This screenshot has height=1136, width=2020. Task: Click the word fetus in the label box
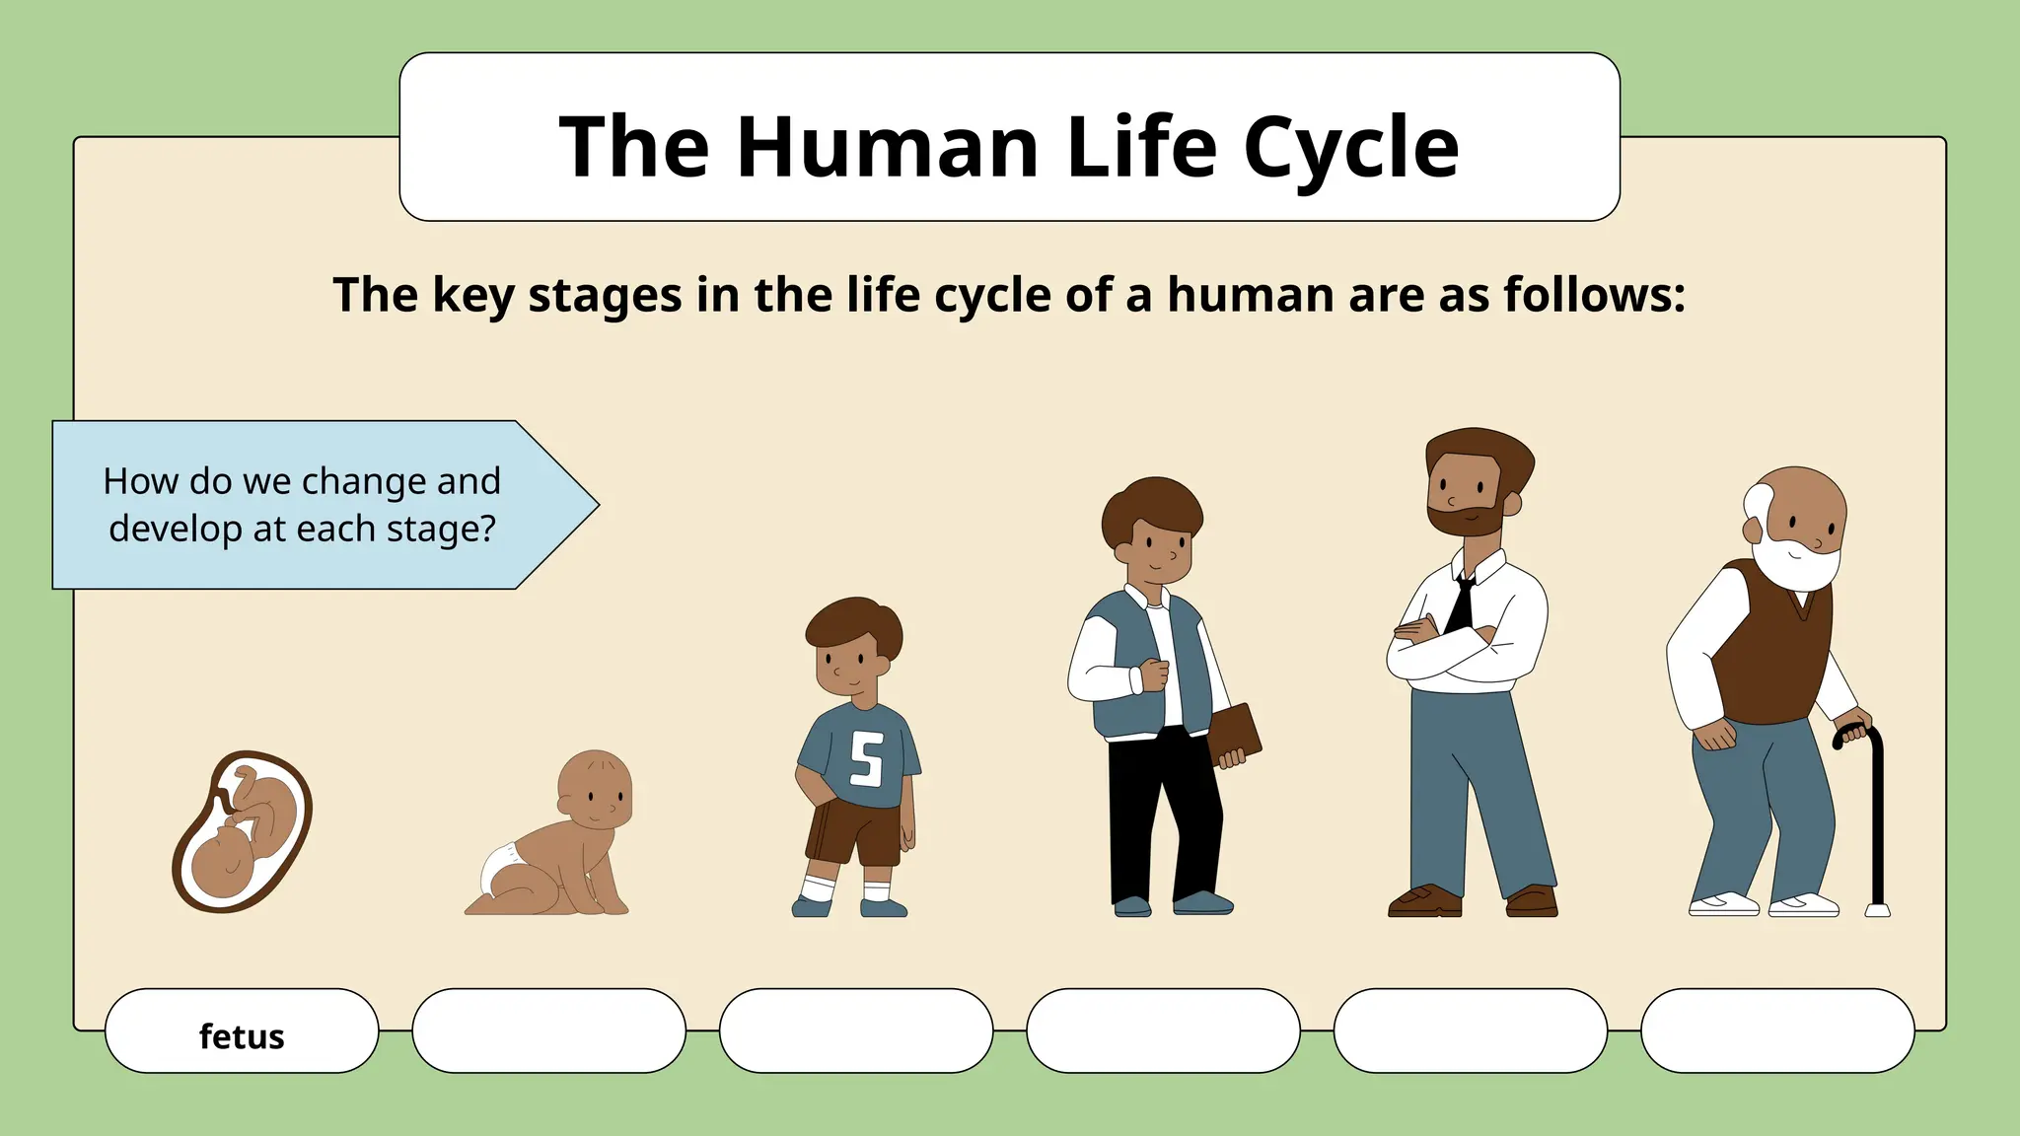click(x=242, y=1036)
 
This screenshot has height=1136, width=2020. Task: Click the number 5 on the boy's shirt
click(x=867, y=758)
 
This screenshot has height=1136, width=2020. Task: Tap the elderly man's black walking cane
click(x=1875, y=818)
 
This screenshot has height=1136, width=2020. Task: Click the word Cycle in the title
click(x=1350, y=148)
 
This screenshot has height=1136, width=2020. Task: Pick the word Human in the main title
click(x=887, y=148)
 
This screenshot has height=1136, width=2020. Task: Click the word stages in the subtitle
click(x=605, y=295)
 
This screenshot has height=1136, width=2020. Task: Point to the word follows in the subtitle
click(x=1593, y=295)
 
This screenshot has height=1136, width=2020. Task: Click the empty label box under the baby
click(x=548, y=1030)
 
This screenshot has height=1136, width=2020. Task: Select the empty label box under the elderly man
click(x=1777, y=1030)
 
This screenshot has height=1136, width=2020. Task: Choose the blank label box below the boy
click(x=856, y=1030)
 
